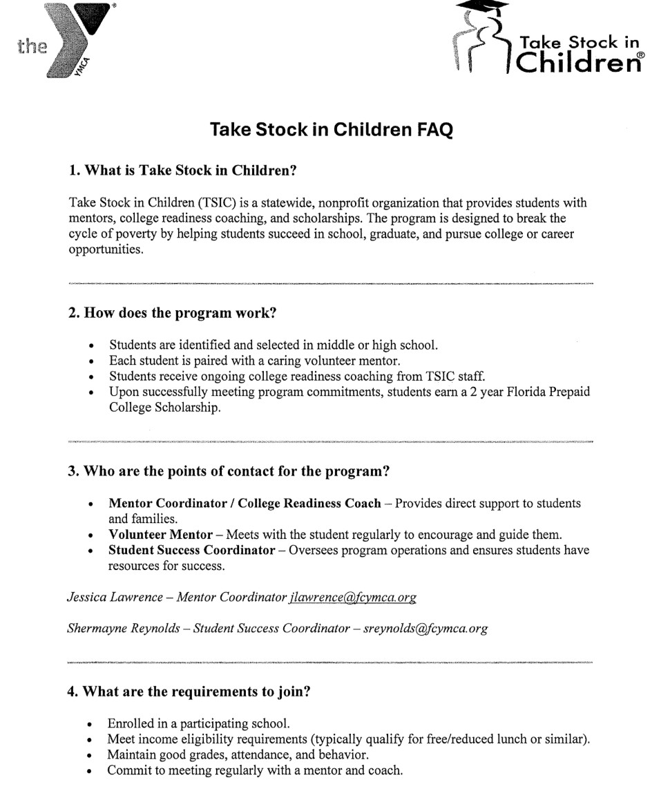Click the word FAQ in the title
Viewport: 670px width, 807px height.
coord(428,130)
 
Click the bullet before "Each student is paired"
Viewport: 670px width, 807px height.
coord(92,361)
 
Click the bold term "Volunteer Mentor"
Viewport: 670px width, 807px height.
coord(160,535)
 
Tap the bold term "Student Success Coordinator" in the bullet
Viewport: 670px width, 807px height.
coord(192,551)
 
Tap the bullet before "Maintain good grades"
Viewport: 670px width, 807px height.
coord(92,755)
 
